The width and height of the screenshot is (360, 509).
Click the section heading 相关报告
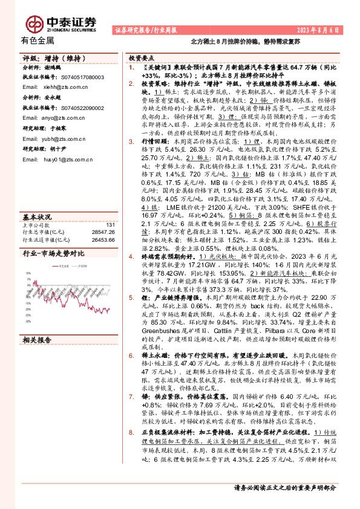tap(37, 341)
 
